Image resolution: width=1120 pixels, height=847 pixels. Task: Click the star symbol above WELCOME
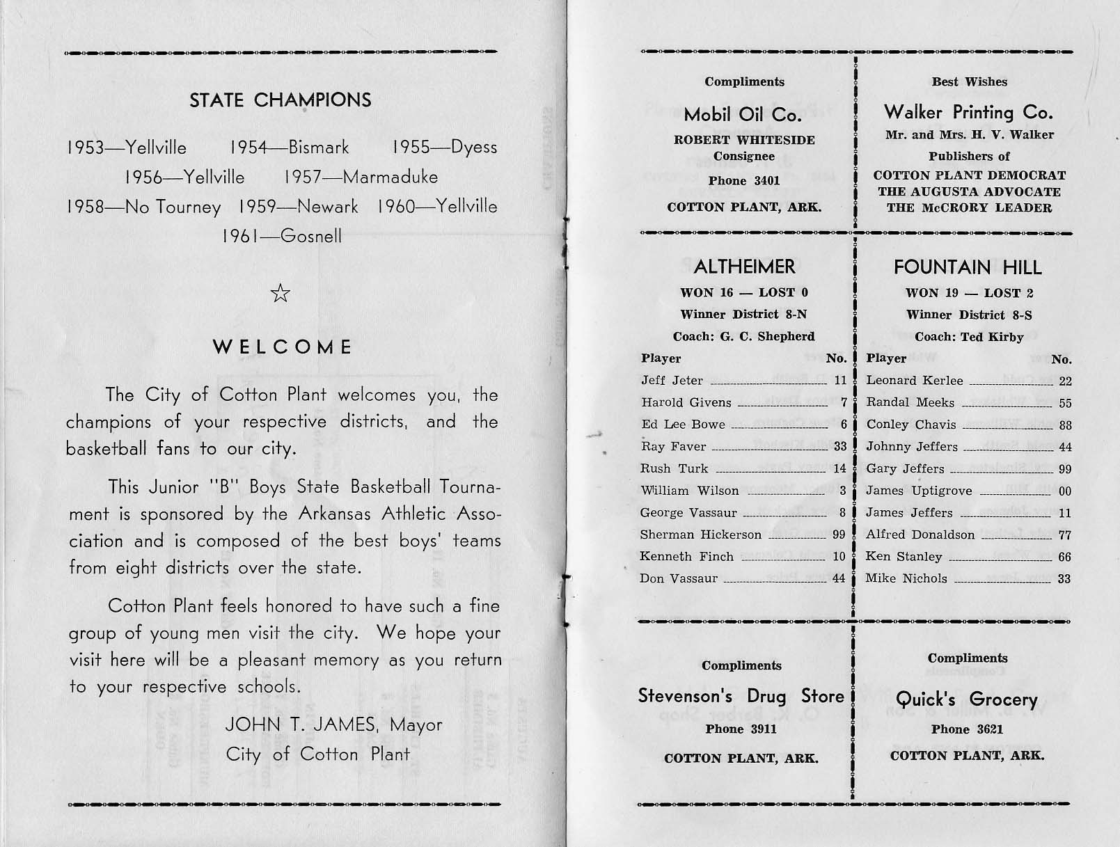pos(281,294)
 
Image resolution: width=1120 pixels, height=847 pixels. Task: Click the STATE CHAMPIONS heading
pos(281,100)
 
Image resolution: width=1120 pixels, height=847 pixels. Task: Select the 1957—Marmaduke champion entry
pos(361,177)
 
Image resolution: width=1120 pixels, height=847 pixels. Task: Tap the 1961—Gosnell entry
pos(282,237)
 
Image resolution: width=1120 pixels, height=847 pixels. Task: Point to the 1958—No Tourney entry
pos(144,207)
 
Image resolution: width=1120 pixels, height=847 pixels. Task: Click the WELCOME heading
pos(283,347)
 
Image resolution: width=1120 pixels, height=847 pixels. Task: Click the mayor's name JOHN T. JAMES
pos(301,725)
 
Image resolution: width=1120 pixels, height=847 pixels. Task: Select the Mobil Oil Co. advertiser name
pos(743,114)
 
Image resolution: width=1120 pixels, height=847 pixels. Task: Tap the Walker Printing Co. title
pos(968,112)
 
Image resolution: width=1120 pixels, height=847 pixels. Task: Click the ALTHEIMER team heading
pos(744,267)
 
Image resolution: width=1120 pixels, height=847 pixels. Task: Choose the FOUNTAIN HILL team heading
pos(968,267)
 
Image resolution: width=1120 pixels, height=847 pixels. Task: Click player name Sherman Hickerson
pos(701,535)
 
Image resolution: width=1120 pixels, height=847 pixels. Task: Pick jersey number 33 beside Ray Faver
pos(840,447)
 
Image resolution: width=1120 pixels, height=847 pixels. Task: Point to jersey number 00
pos(1064,491)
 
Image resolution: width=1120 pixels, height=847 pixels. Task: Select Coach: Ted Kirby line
pos(969,337)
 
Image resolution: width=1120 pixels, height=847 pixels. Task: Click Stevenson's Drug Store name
pos(741,696)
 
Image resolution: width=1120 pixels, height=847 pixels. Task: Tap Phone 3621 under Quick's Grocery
pos(968,729)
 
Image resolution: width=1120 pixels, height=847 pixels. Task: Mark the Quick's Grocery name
pos(966,699)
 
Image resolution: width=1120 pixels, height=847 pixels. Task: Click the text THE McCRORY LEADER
pos(969,207)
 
